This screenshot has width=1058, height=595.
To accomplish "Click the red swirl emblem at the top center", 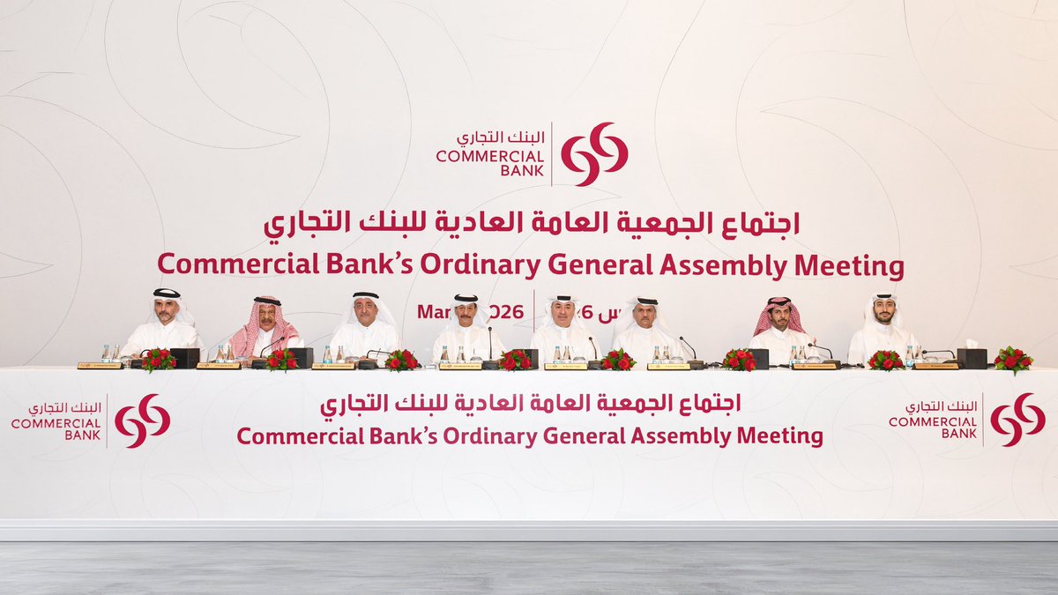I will point(594,154).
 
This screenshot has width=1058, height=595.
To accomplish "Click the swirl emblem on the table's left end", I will point(142,420).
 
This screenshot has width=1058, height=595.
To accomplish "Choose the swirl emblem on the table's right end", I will point(1017,420).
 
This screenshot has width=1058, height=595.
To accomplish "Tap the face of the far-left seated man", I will point(166,309).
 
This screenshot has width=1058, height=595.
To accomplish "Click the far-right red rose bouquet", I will point(1012,359).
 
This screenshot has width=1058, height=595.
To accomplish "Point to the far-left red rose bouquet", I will point(159,359).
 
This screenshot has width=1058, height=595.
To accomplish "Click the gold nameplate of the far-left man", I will point(100,365).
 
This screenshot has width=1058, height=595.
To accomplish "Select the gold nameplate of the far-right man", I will point(935,365).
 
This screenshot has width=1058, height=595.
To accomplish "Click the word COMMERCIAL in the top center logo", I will point(490,156).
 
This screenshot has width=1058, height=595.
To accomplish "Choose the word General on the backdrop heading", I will point(581,265).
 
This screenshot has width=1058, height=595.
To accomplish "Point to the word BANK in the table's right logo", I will point(958,434).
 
